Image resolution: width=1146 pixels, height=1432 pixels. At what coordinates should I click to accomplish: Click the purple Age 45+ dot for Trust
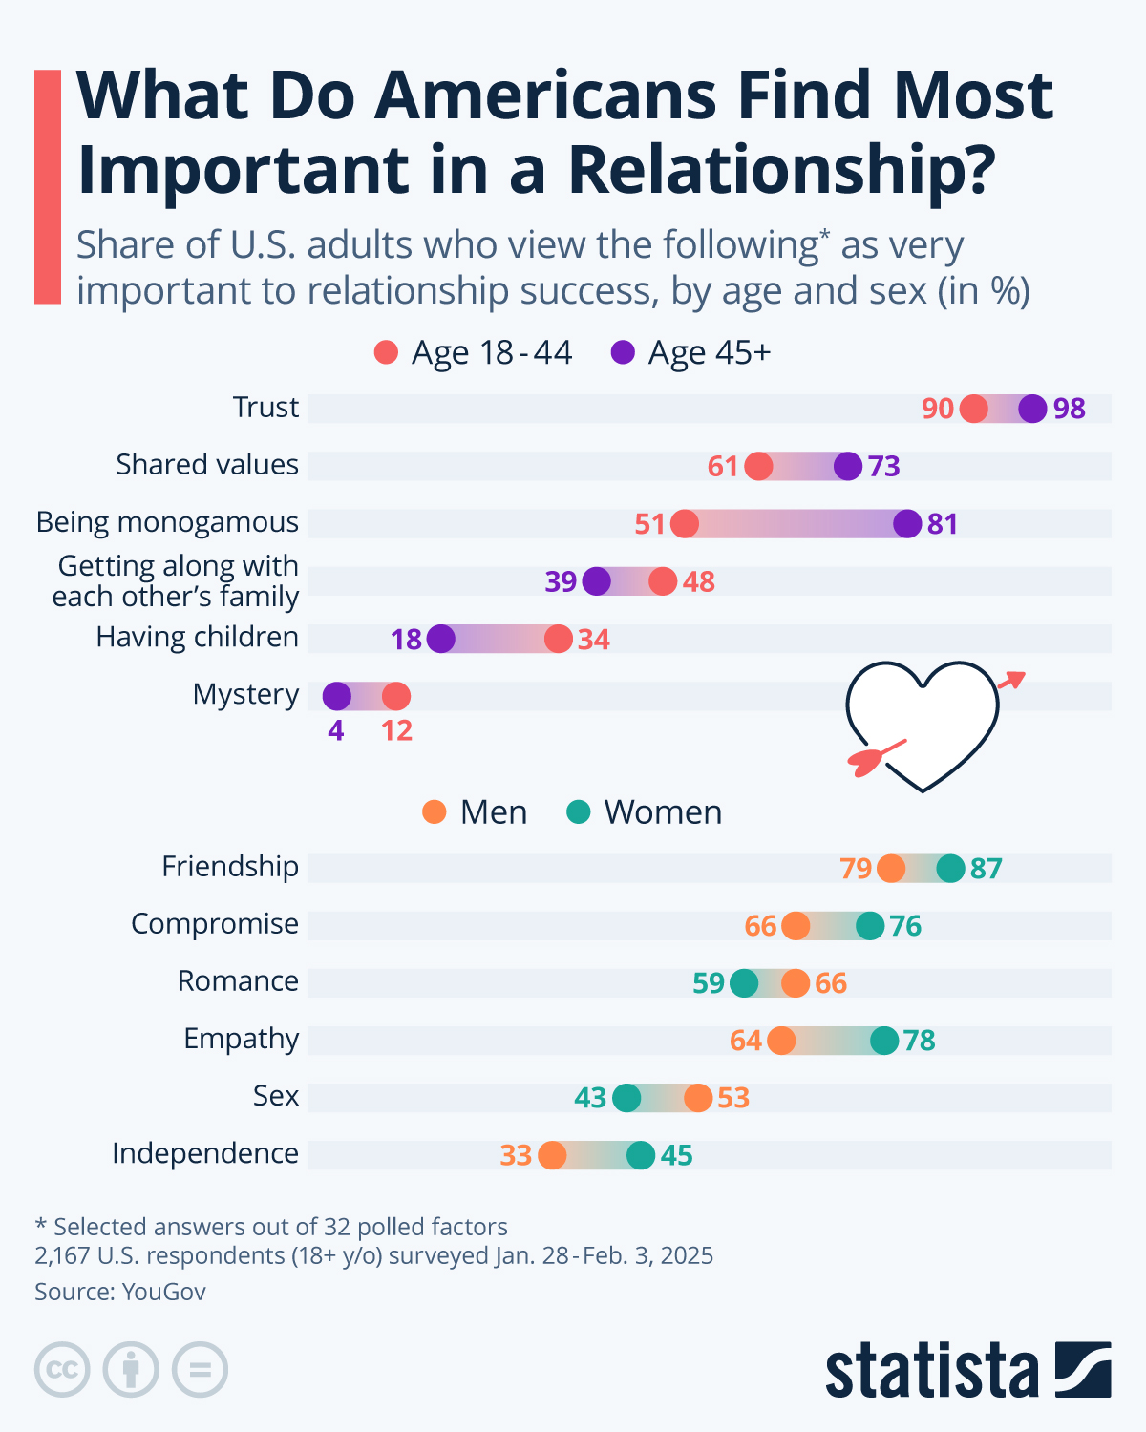point(1032,409)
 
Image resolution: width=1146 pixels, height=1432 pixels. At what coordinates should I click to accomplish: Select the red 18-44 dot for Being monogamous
point(684,524)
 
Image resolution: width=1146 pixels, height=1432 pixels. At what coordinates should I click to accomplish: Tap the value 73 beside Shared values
point(884,467)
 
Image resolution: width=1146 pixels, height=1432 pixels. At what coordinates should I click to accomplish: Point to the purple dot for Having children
point(440,639)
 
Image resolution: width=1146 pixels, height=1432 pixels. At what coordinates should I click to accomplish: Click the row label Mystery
point(245,694)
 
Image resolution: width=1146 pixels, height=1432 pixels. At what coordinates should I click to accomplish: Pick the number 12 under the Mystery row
point(396,731)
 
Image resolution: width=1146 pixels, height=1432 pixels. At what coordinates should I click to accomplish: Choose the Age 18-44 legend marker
point(386,353)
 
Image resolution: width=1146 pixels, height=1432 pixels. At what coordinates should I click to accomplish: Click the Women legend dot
point(579,812)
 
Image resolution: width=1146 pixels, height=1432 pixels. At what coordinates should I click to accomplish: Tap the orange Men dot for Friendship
point(891,869)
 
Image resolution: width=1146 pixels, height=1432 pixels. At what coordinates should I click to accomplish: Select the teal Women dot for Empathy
point(884,1041)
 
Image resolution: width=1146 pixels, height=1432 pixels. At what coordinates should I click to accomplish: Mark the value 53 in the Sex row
point(733,1098)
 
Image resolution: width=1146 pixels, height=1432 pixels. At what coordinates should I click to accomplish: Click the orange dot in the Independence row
point(552,1155)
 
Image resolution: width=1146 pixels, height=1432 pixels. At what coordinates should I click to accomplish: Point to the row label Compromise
point(215,924)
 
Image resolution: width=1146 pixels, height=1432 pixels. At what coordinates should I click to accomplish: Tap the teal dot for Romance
point(743,982)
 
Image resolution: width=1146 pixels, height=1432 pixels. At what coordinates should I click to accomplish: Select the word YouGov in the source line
point(164,1292)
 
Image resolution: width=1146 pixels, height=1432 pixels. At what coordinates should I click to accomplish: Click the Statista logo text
point(931,1371)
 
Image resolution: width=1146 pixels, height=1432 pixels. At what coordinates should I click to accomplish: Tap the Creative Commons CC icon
point(62,1370)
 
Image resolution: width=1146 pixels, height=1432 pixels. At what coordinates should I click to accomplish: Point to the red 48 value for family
point(699,581)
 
